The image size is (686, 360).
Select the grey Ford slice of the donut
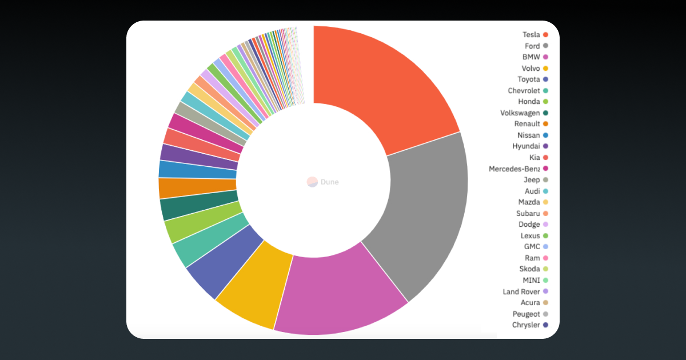[x=423, y=211]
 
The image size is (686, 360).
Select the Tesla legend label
[x=531, y=35]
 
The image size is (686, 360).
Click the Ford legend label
[x=532, y=46]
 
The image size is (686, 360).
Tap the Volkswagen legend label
[x=520, y=113]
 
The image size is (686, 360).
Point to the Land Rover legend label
[x=521, y=291]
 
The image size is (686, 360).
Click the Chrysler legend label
[x=526, y=325]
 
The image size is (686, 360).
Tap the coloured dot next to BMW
[x=546, y=57]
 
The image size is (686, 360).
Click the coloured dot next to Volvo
[x=546, y=69]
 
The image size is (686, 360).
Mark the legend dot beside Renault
[x=546, y=124]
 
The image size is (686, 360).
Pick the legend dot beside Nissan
[x=546, y=135]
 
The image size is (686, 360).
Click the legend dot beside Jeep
[x=546, y=180]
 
